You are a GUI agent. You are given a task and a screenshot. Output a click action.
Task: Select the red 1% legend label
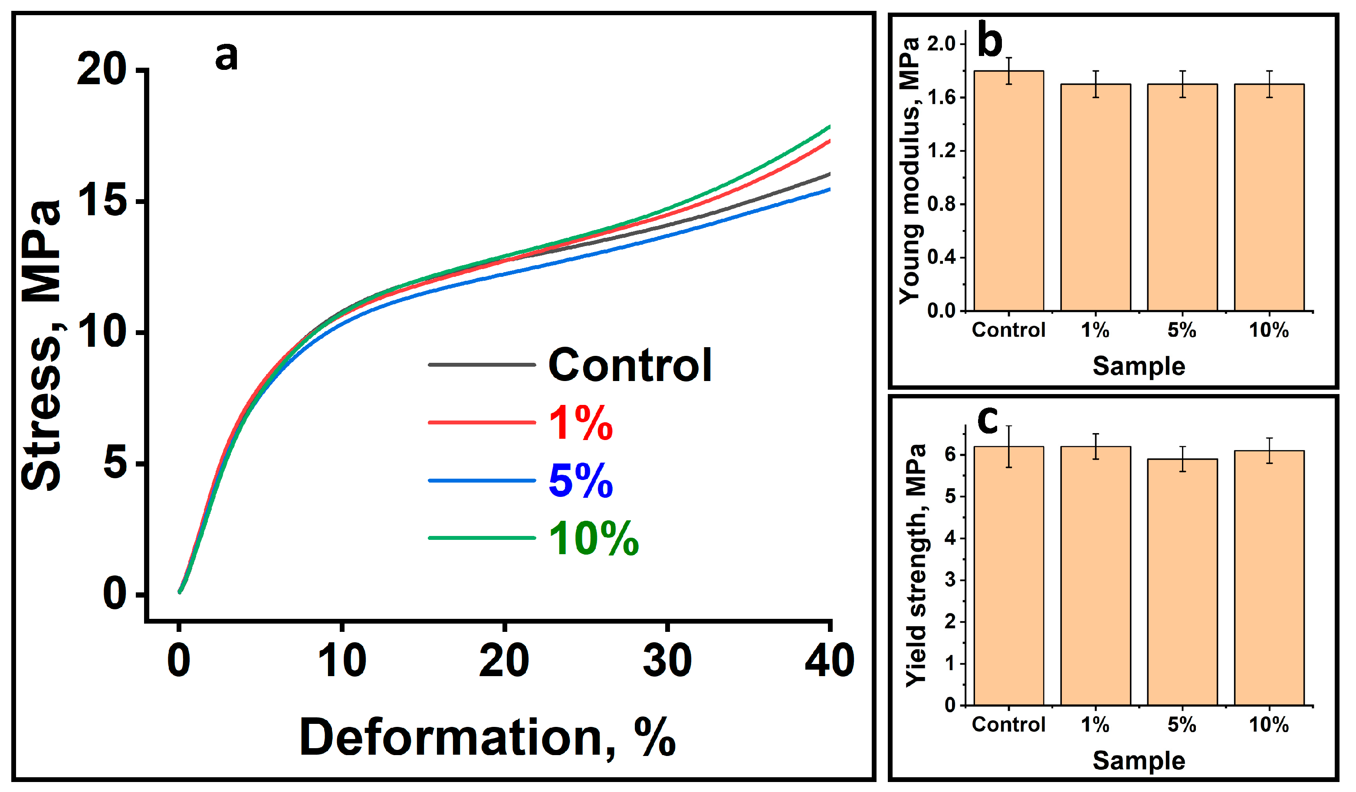point(581,424)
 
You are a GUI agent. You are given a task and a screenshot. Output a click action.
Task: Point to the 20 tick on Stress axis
point(102,70)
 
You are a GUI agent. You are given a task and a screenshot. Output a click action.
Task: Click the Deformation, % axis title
point(487,738)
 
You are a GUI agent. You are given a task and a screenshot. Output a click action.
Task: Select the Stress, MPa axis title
point(42,344)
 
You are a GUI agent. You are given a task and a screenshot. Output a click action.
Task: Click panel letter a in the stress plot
point(226,56)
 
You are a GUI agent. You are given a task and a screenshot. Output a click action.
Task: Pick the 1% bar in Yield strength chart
point(1096,576)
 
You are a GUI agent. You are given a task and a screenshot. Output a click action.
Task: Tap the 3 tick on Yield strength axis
point(950,580)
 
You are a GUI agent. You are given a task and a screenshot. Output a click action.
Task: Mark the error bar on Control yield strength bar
point(1009,447)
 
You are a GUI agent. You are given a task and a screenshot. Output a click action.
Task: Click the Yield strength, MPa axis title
point(916,565)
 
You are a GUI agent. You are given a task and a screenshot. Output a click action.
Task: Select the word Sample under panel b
point(1139,366)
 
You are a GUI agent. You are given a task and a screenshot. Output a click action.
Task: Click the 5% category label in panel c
point(1182,725)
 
